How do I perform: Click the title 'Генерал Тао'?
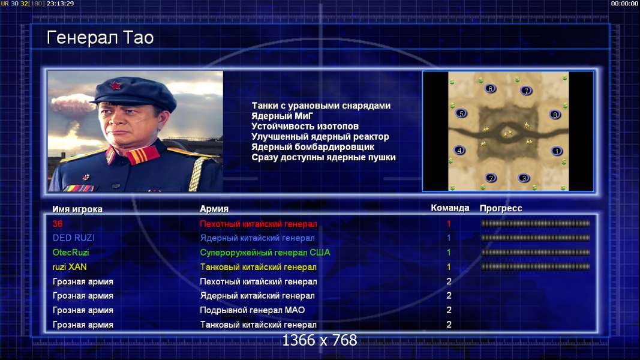[x=100, y=38]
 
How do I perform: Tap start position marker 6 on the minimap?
[x=490, y=89]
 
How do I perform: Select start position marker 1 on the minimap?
[x=557, y=151]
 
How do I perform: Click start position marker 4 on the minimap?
[x=459, y=151]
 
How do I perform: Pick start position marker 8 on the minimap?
[x=555, y=115]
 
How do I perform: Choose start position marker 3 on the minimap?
[x=524, y=178]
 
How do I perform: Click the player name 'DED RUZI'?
[x=73, y=238]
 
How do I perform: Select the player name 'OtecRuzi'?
[x=71, y=252]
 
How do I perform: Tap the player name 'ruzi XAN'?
[x=70, y=267]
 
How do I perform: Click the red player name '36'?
[x=58, y=224]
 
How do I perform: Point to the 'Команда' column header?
[x=450, y=208]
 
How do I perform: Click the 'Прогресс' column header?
[x=501, y=208]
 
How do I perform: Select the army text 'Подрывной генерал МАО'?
[x=253, y=310]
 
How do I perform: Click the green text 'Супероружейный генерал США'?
[x=265, y=253]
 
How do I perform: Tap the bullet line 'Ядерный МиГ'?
[x=282, y=116]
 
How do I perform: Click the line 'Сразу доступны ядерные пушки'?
[x=323, y=157]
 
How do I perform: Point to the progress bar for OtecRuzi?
[x=535, y=252]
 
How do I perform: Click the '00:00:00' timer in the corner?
[x=624, y=4]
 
